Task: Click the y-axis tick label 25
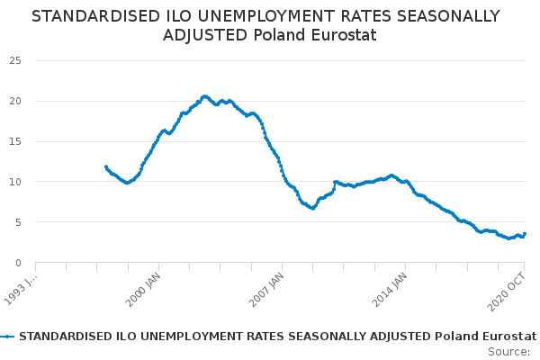click(15, 61)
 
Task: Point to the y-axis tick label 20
click(15, 102)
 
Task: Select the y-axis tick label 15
click(15, 141)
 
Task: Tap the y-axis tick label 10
click(15, 182)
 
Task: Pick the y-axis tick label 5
click(18, 222)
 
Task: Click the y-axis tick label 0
click(18, 263)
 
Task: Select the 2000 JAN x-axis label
click(143, 290)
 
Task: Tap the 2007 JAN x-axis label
click(266, 290)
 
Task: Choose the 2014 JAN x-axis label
click(390, 290)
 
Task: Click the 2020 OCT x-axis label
click(507, 292)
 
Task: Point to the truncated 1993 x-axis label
click(21, 290)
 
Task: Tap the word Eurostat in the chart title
click(344, 35)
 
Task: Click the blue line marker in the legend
click(7, 337)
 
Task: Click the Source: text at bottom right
click(509, 352)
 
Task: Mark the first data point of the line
click(106, 166)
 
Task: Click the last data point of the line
click(525, 234)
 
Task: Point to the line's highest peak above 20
click(205, 97)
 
